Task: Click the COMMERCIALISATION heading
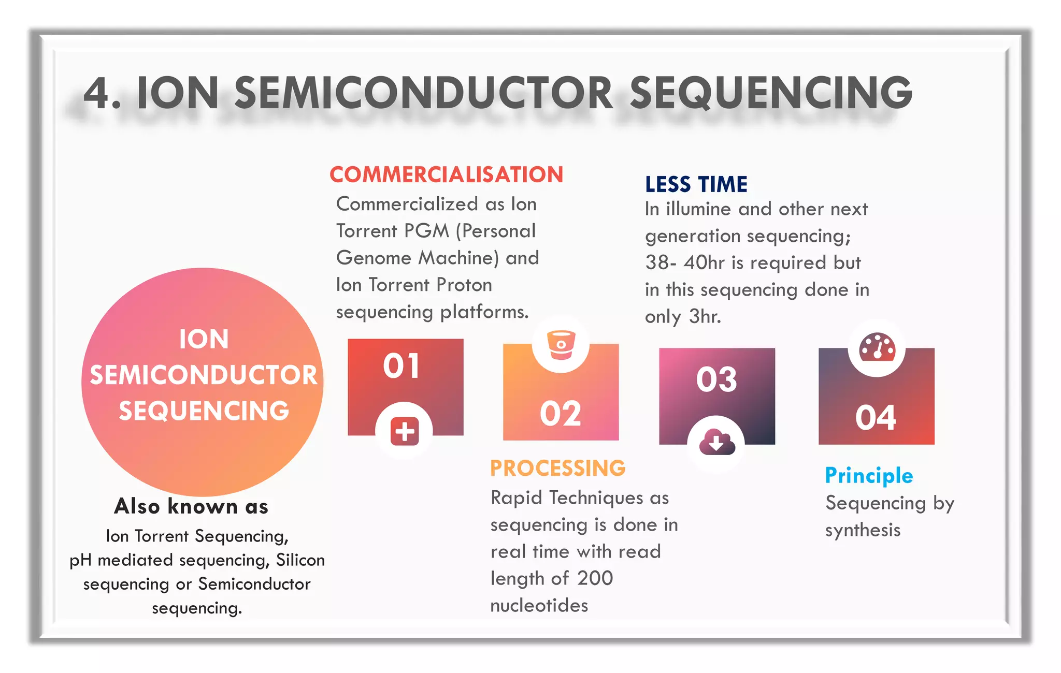pos(446,175)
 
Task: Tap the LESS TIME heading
pos(696,185)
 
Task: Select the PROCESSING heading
pos(557,468)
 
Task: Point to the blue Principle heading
pos(869,476)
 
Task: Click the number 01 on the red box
pos(402,366)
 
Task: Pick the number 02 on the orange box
pos(561,414)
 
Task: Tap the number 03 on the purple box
pos(716,379)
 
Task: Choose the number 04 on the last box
pos(876,418)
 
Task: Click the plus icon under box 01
pos(404,431)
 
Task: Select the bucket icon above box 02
pos(561,344)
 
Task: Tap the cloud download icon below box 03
pos(716,443)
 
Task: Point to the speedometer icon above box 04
pos(877,347)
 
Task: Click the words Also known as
pos(191,506)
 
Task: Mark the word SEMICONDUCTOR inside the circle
pos(203,375)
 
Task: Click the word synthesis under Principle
pos(863,531)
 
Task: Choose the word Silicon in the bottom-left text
pos(300,560)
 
